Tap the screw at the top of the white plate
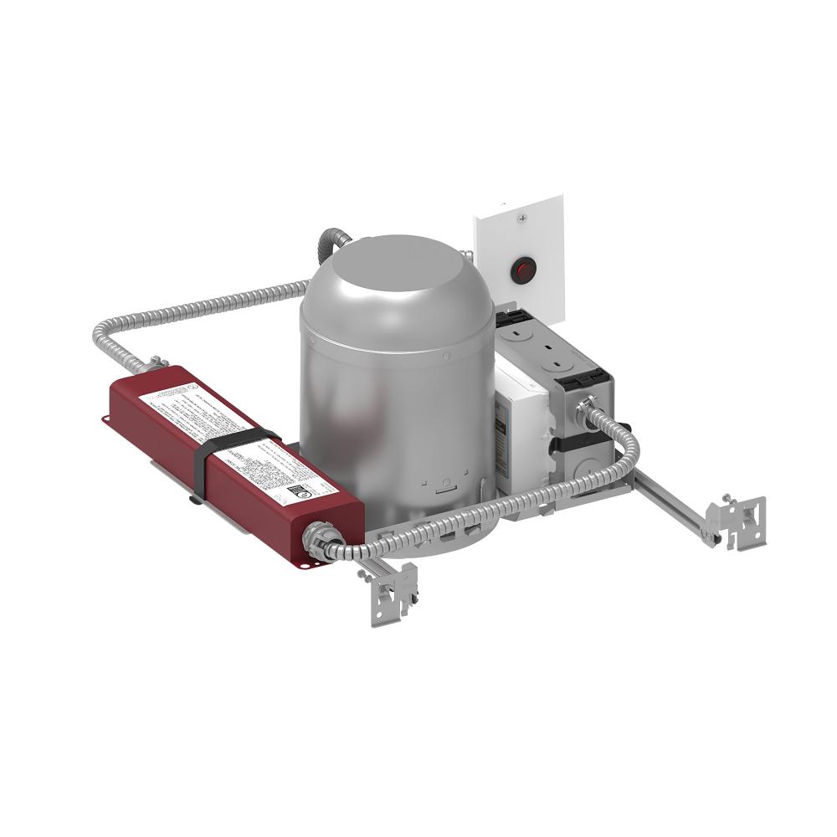tap(522, 218)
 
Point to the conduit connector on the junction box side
tap(587, 406)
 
